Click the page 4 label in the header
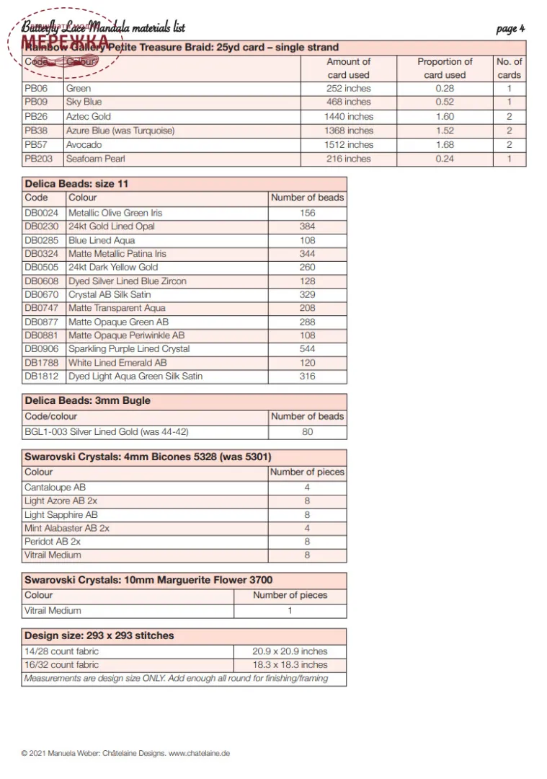(510, 28)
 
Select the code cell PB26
(36, 116)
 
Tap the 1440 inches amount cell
(349, 116)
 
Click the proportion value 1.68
(445, 144)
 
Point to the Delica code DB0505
(42, 267)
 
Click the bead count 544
(307, 349)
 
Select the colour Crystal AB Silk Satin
(110, 294)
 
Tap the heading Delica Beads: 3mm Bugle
(87, 400)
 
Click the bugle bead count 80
(307, 432)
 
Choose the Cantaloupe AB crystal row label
(55, 488)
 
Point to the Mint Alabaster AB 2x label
(67, 528)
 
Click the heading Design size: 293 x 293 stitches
(99, 635)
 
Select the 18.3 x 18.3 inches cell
(290, 664)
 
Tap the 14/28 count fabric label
(61, 651)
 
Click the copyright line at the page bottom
(125, 753)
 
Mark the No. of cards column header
(509, 68)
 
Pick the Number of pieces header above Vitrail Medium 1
(290, 595)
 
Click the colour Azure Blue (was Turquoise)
(120, 131)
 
